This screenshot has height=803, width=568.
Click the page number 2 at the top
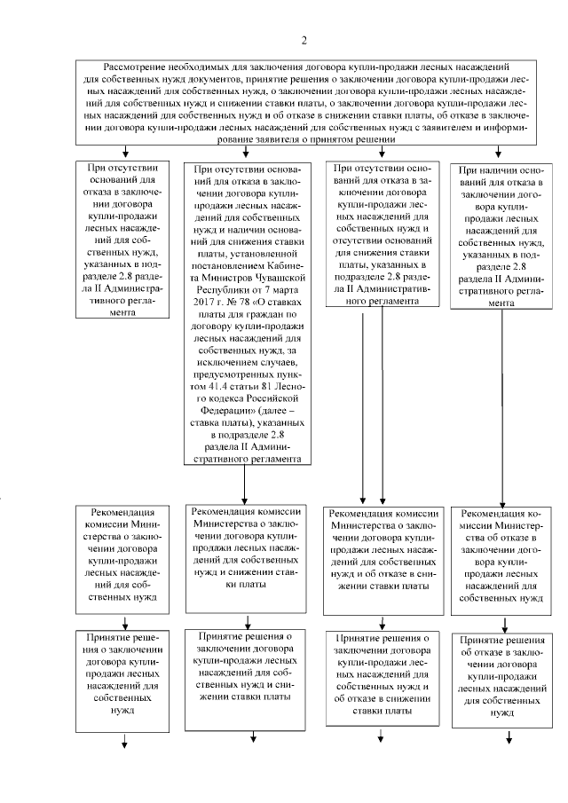coord(304,40)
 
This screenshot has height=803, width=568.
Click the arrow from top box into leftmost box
coord(125,152)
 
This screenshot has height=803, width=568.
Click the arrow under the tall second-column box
coord(244,484)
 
